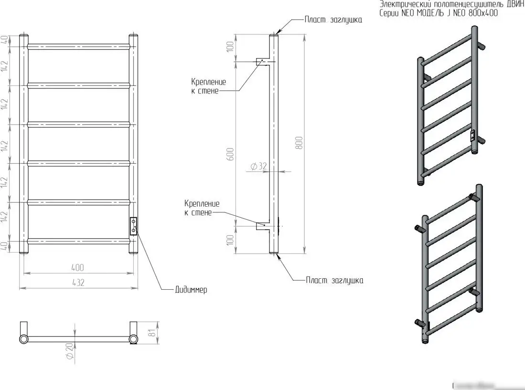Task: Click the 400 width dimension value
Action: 77,268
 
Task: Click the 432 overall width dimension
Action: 77,283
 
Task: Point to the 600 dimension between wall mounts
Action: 230,154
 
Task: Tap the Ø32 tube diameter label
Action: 258,166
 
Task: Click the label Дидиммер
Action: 191,290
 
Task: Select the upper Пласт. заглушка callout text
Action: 333,20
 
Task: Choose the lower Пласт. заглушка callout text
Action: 334,280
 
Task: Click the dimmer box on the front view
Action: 133,226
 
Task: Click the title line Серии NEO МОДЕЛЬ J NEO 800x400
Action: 438,14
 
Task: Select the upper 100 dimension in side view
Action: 230,47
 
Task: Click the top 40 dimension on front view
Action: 4,40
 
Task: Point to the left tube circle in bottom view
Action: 23,339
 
